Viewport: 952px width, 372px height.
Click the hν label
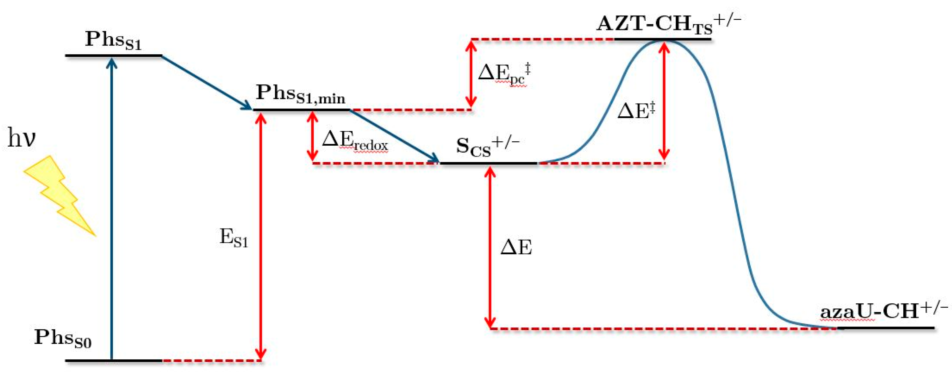click(21, 138)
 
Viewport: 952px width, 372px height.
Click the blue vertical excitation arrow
click(112, 207)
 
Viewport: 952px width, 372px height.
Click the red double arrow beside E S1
click(261, 237)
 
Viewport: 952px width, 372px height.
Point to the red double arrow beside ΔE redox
click(313, 136)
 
